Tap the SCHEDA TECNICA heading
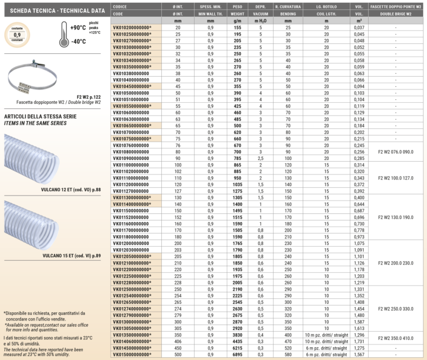click(x=56, y=10)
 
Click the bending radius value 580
click(x=288, y=354)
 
